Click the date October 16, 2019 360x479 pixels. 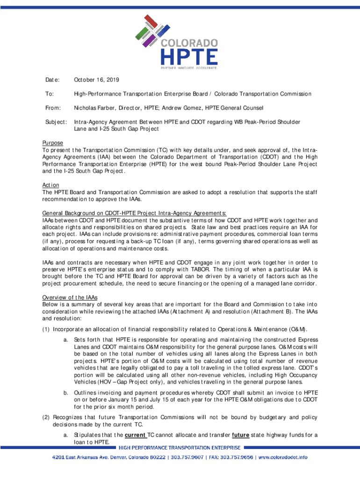96,80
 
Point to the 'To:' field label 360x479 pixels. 49,94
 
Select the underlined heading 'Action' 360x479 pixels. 50,185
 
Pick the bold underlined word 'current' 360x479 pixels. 136,435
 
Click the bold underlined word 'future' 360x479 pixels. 240,435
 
